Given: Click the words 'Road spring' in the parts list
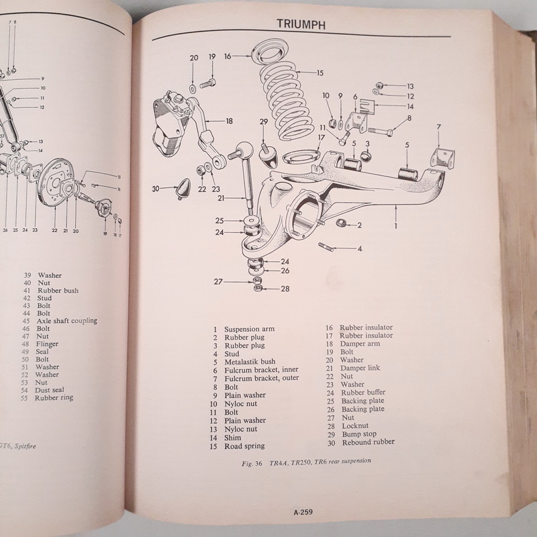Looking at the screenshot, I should click(245, 446).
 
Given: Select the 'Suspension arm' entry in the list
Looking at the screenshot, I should click(250, 328).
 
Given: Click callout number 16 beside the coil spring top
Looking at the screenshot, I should click(228, 57).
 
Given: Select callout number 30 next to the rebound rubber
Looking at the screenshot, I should click(155, 189).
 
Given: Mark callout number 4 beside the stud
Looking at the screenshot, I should click(360, 249).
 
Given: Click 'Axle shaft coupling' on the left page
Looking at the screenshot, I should click(67, 320).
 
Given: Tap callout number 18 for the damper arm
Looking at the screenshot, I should click(229, 121).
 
